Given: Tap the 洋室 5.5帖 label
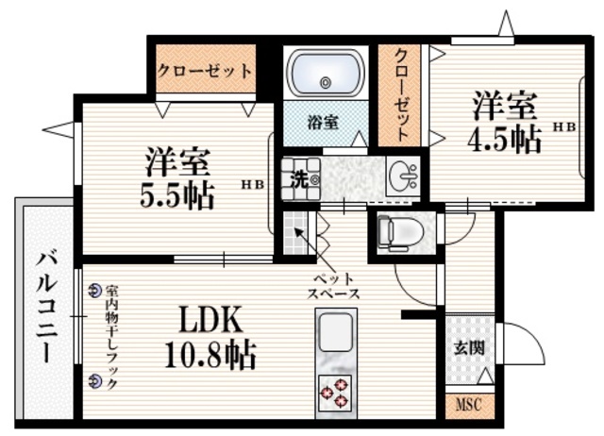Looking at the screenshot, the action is click(x=177, y=178).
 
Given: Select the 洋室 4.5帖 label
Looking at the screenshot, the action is click(x=506, y=123).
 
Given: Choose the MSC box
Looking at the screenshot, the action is click(x=469, y=407).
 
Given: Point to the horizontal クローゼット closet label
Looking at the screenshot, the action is click(x=205, y=71).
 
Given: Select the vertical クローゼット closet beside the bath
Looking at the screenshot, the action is click(x=402, y=94).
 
